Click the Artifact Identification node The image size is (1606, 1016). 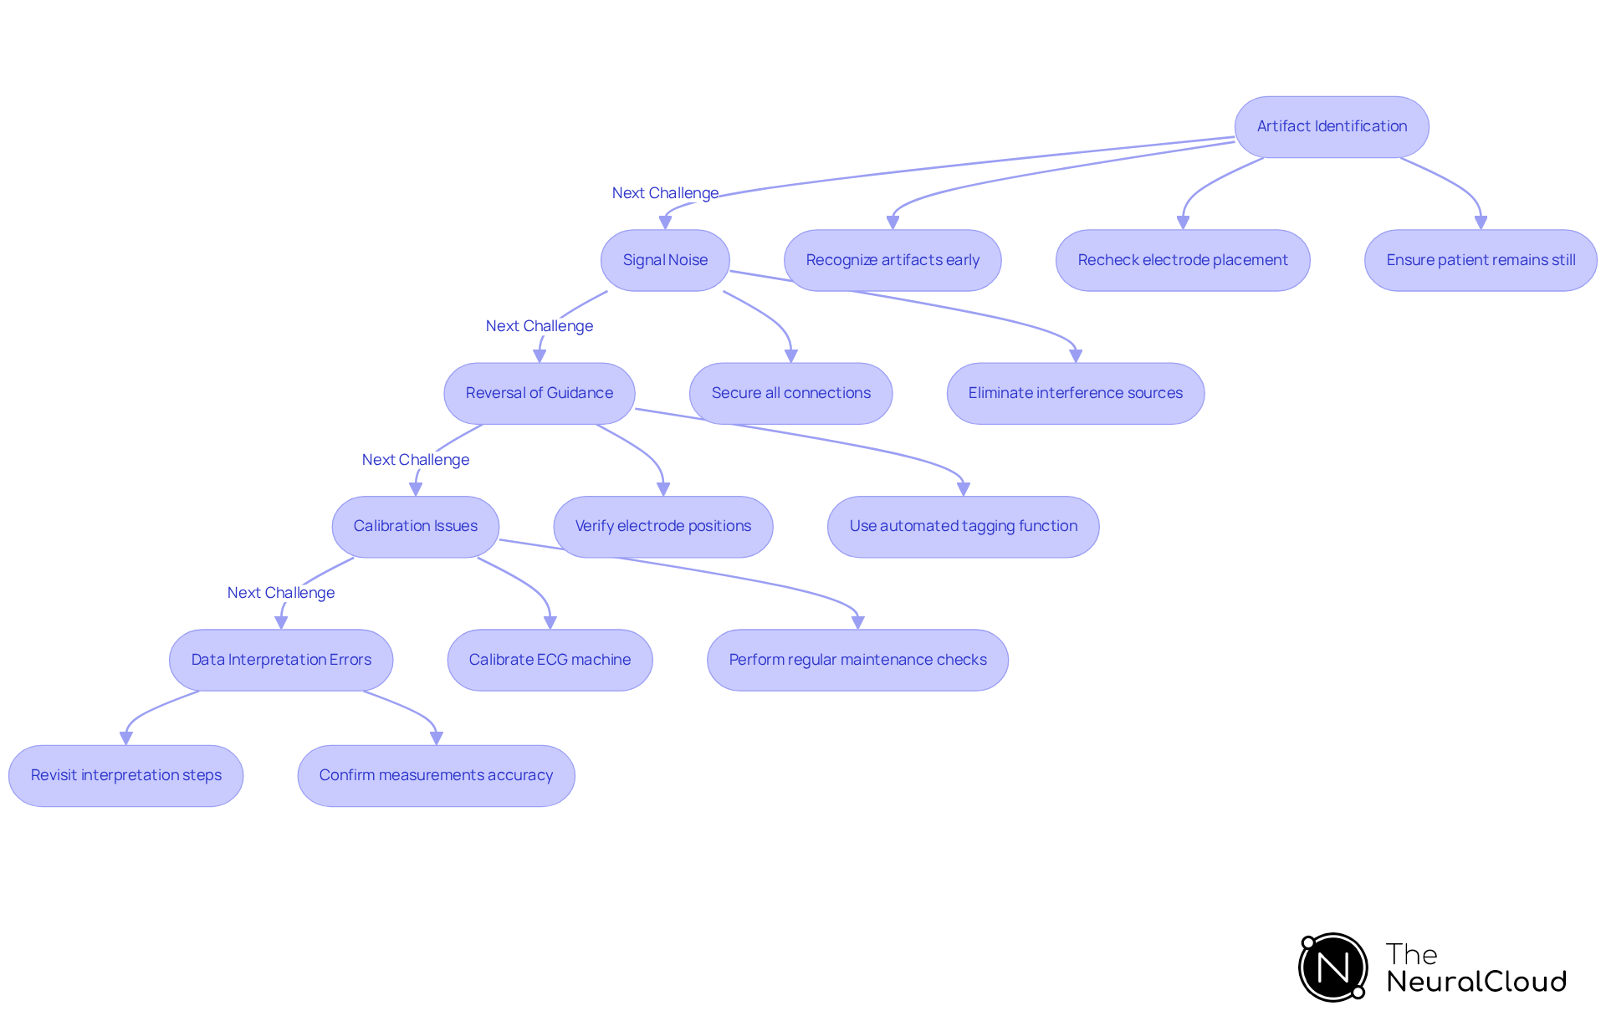1332,126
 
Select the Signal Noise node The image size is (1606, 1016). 665,260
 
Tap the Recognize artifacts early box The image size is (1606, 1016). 893,260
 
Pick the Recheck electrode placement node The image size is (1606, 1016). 1183,260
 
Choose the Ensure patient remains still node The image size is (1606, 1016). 1481,260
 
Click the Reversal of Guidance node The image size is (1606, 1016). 540,393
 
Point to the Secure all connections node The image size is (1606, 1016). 790,393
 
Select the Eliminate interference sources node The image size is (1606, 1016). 1076,393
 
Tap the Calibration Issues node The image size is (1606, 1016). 416,526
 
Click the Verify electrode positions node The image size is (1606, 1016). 663,526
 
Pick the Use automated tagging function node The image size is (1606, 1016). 964,526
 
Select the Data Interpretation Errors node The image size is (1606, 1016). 281,660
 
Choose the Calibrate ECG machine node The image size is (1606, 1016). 550,660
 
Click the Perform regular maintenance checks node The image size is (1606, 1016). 857,660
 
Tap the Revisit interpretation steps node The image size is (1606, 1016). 126,775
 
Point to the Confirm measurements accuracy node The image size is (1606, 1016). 436,775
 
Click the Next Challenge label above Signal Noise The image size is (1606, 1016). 665,193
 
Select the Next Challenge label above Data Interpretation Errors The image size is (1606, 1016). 281,593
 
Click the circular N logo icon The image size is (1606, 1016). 1333,967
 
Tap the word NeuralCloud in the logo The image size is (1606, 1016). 1476,982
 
